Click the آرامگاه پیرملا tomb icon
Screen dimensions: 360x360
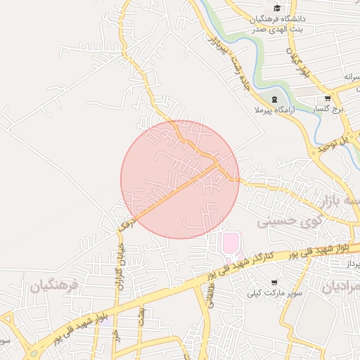[x=274, y=99]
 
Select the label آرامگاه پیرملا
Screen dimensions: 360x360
[x=274, y=111]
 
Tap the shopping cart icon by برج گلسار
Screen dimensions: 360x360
[x=328, y=99]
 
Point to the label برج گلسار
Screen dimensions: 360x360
[x=328, y=110]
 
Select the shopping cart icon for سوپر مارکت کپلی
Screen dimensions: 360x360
[x=274, y=280]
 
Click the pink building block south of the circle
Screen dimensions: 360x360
[x=230, y=245]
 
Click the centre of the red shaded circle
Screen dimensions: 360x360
[x=180, y=179]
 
